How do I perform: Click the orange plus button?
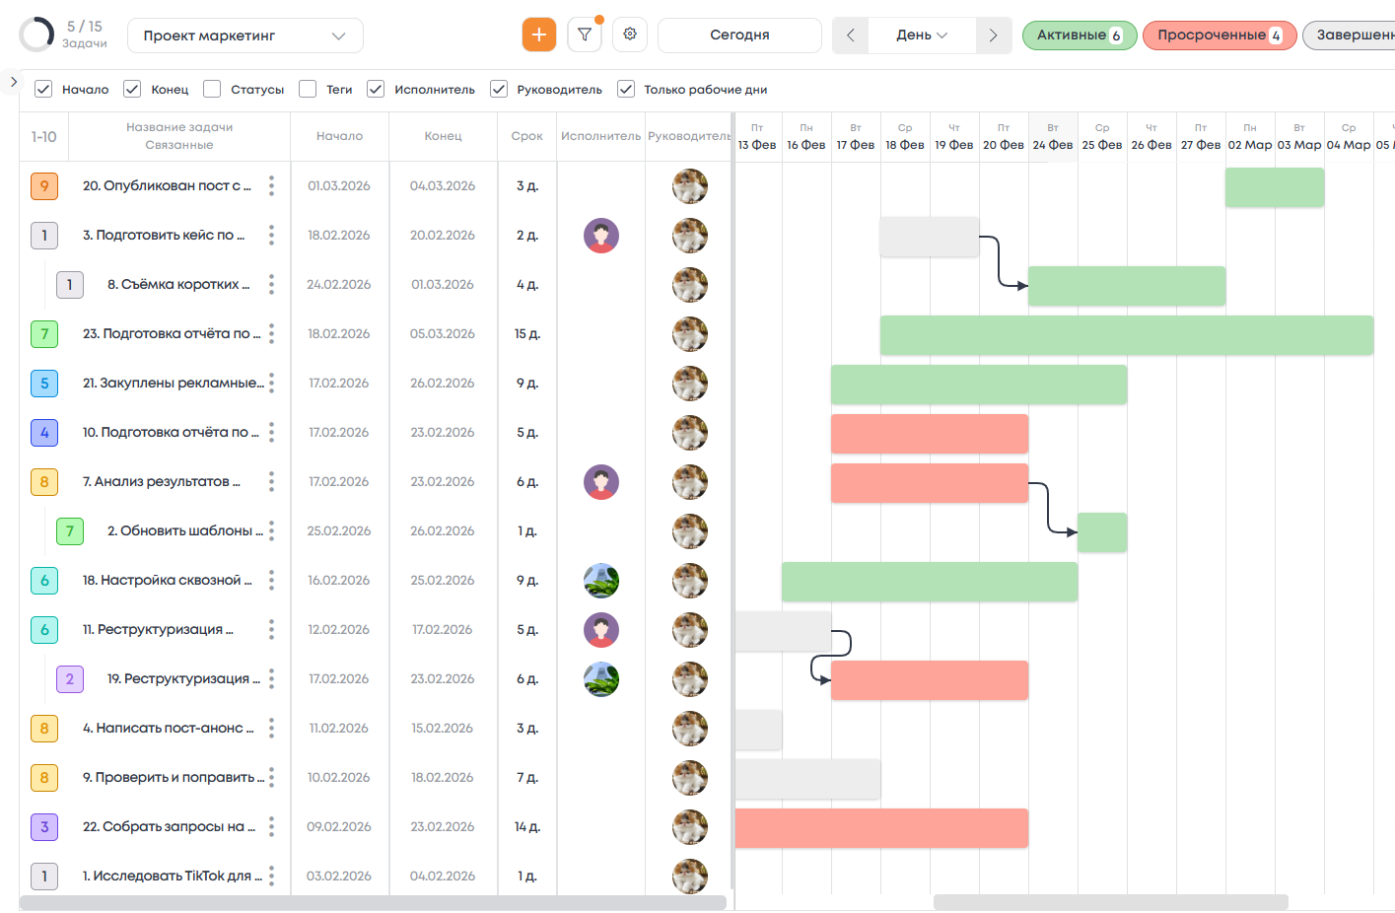(x=538, y=35)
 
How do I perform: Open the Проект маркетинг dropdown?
(x=244, y=35)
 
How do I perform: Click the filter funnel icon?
(x=585, y=35)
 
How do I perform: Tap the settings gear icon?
(x=630, y=35)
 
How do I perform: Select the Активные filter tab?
(x=1079, y=35)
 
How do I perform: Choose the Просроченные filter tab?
(x=1219, y=35)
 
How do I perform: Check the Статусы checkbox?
(x=212, y=89)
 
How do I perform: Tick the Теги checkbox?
(x=308, y=89)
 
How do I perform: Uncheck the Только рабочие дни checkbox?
(x=626, y=89)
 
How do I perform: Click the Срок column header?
(x=526, y=136)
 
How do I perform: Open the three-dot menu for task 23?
(x=271, y=333)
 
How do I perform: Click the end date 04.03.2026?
(x=443, y=185)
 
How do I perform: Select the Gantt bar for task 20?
(x=1274, y=187)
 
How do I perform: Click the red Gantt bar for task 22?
(x=881, y=828)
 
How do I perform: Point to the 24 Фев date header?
(x=1053, y=137)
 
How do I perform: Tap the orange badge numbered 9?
(x=44, y=185)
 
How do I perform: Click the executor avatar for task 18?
(x=601, y=581)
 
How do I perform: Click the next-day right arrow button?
(x=993, y=35)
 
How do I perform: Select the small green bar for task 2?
(x=1102, y=532)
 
